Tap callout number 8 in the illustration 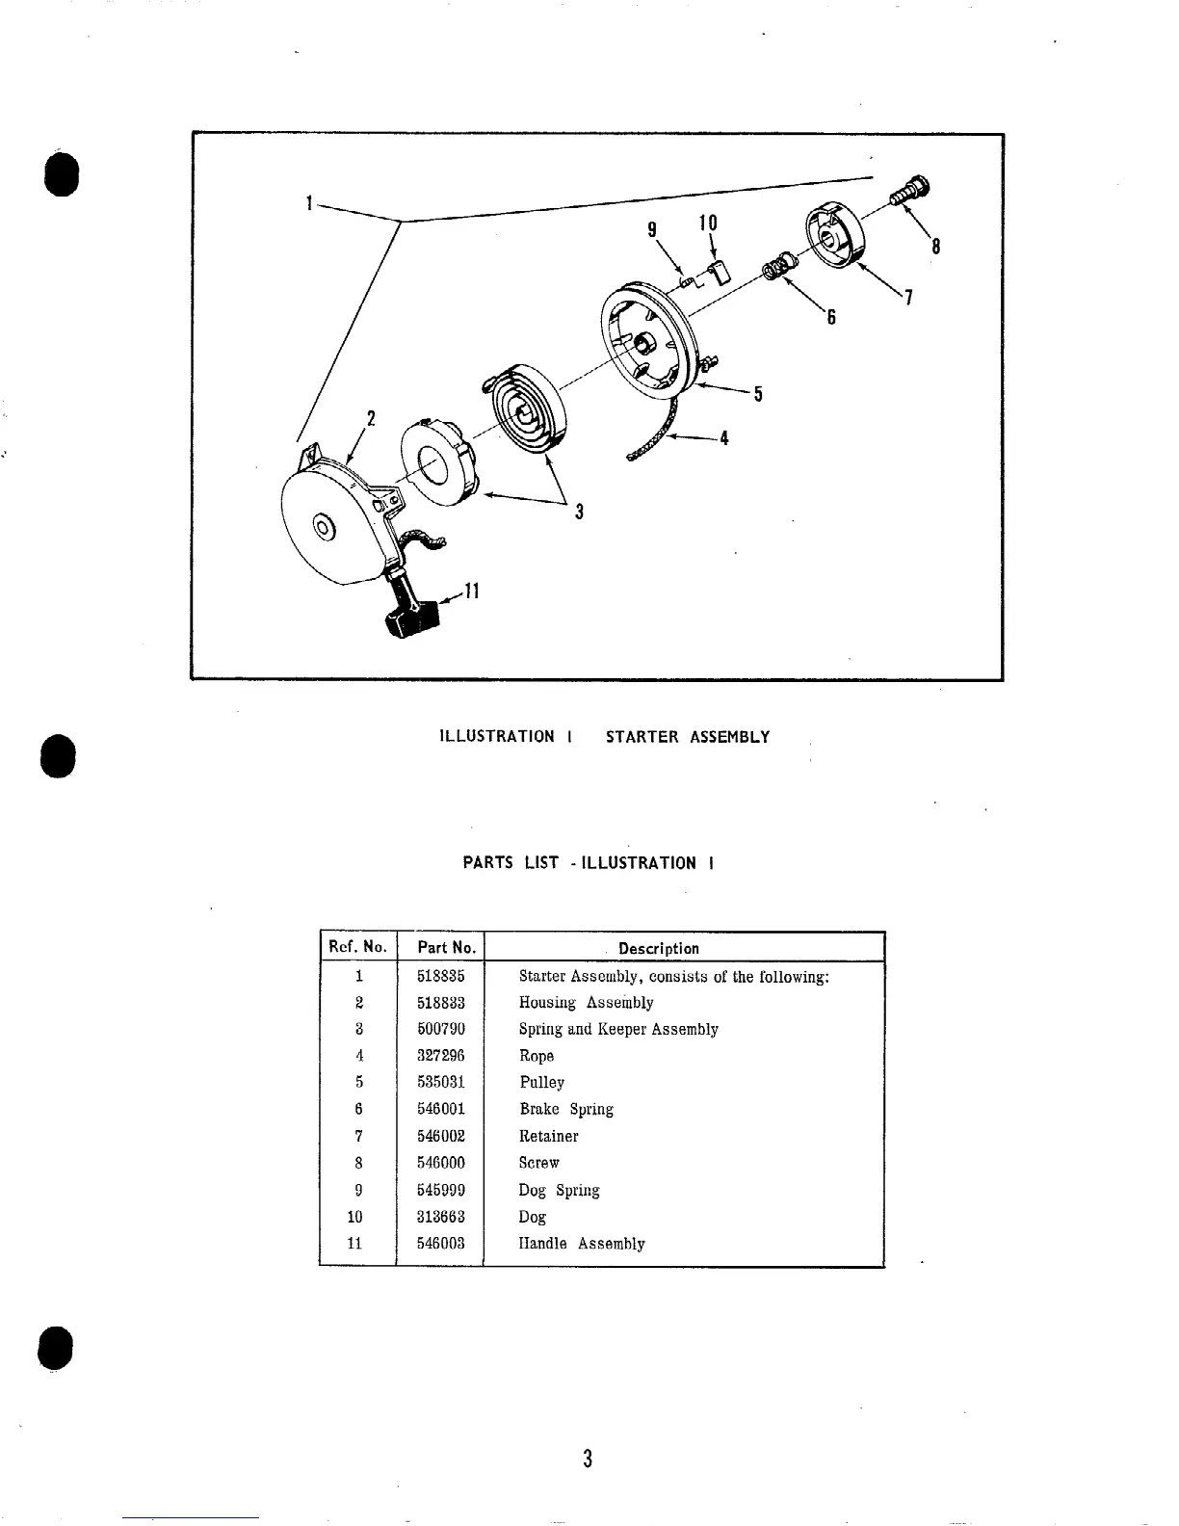click(934, 248)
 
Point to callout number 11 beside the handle click(471, 591)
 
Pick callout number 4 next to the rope click(723, 438)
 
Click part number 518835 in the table click(440, 976)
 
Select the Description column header click(659, 948)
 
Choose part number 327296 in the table click(440, 1056)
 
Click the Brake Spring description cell click(566, 1109)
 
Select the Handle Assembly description click(582, 1244)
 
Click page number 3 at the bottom click(587, 1459)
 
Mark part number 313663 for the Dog click(440, 1217)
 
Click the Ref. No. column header click(357, 947)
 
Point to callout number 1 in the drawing click(308, 202)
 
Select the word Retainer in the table click(548, 1136)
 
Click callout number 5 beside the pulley click(758, 393)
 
